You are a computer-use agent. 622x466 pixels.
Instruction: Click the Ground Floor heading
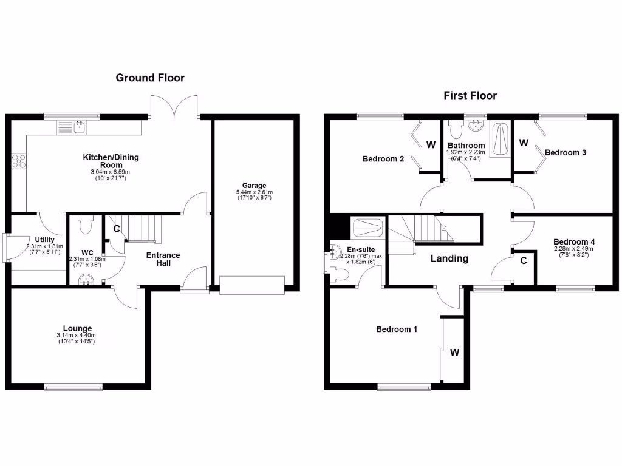pos(150,78)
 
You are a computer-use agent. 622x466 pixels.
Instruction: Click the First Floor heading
pos(470,95)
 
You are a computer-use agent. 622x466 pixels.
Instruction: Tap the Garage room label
pos(255,186)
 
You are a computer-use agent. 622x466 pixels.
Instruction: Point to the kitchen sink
pos(79,126)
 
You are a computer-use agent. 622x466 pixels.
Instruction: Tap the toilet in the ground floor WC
pos(84,226)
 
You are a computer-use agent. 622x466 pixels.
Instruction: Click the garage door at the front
pos(252,285)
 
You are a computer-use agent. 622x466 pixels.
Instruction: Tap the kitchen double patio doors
pos(174,107)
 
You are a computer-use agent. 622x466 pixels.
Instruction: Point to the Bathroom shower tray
pos(501,137)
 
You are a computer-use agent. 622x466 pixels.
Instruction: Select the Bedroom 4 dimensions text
pos(573,252)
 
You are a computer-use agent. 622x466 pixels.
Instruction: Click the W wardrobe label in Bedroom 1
pos(454,353)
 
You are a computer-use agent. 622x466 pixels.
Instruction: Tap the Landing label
pos(449,258)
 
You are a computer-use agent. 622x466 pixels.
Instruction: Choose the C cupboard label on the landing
pos(523,260)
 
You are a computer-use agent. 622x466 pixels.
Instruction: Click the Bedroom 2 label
pos(383,159)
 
